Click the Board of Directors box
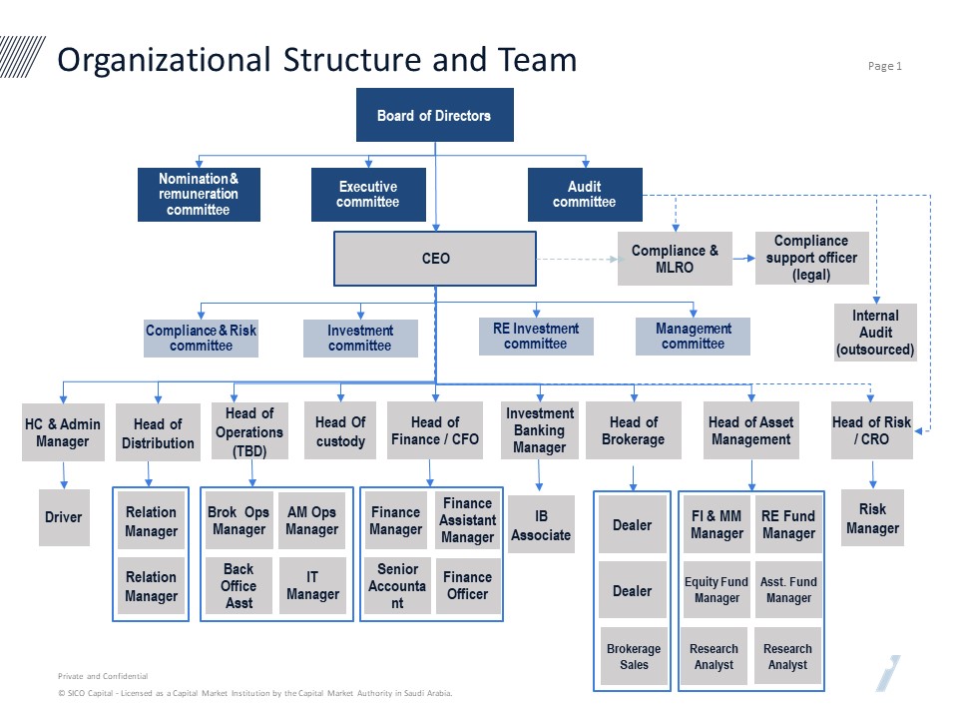434,115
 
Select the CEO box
435,258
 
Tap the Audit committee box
585,195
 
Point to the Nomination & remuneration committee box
199,195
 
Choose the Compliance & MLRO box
675,259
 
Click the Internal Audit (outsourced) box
875,333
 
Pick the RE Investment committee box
536,337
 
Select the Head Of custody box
340,430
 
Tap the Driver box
64,517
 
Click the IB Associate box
541,524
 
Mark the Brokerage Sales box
634,656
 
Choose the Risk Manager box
872,518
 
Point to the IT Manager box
312,585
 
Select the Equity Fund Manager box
717,589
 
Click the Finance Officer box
467,585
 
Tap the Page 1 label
885,66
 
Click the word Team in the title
538,60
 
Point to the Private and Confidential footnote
103,676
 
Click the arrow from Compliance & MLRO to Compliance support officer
743,258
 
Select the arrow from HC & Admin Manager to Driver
64,475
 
